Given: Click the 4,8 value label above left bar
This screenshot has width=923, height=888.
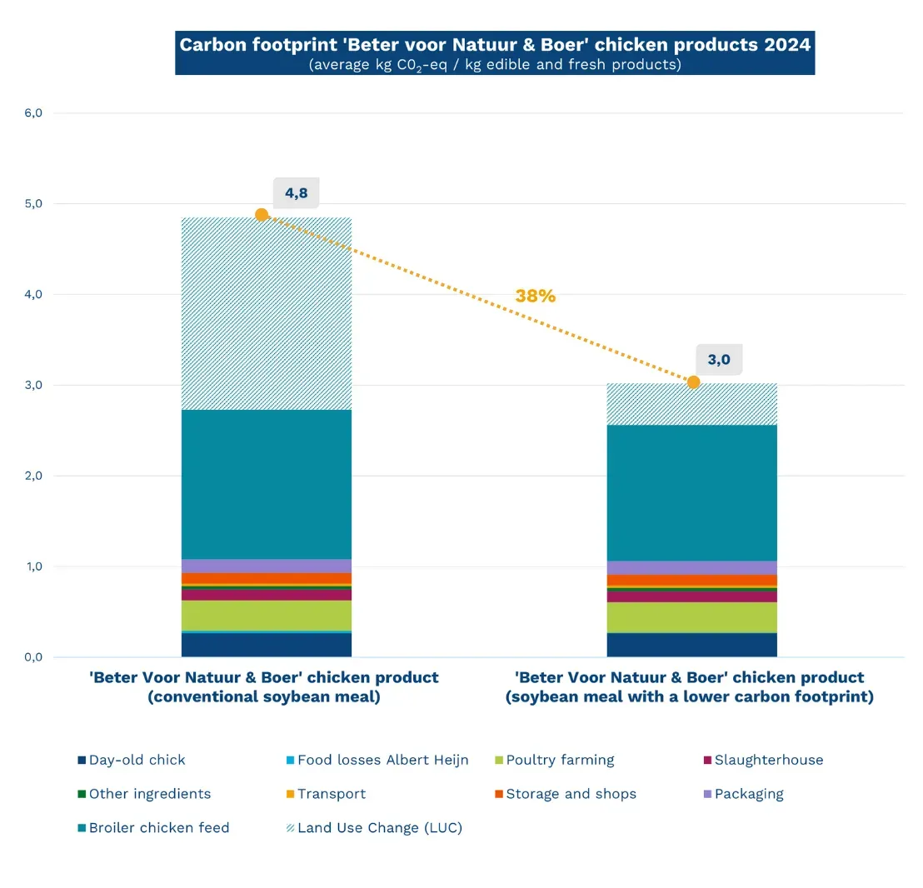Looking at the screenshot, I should [296, 193].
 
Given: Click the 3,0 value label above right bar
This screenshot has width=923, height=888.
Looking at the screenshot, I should [718, 360].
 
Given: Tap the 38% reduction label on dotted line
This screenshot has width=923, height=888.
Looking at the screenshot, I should [535, 296].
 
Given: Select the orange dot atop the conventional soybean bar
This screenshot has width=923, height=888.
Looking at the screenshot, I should [262, 215].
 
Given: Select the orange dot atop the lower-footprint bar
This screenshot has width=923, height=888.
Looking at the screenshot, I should [693, 382].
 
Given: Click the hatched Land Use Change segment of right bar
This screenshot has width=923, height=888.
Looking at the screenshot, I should [692, 405].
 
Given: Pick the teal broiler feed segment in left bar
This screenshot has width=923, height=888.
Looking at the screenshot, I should [267, 484].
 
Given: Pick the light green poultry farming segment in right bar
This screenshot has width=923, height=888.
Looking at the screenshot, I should [692, 617].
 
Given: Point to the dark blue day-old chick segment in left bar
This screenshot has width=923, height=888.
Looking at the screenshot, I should [267, 646].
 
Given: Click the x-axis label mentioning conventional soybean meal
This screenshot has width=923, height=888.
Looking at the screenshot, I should [263, 687].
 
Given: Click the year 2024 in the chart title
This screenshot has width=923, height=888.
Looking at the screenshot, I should [787, 45].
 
